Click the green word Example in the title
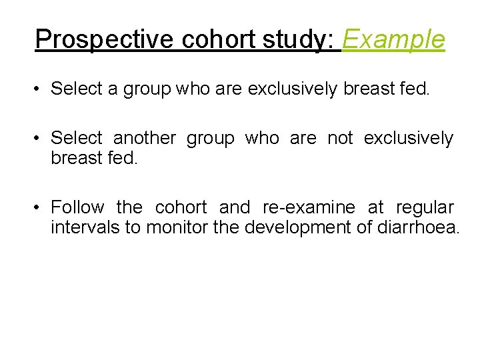pyautogui.click(x=393, y=39)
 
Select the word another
pyautogui.click(x=145, y=138)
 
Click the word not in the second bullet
pyautogui.click(x=340, y=138)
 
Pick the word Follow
pyautogui.click(x=77, y=207)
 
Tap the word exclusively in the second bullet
pyautogui.click(x=408, y=138)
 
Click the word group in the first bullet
pyautogui.click(x=147, y=88)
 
